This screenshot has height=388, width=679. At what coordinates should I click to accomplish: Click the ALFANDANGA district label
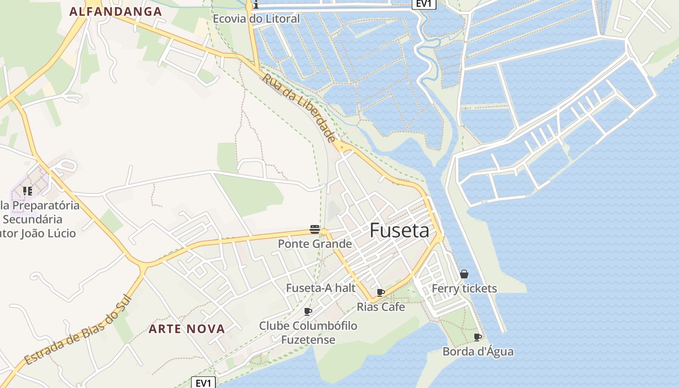[115, 12]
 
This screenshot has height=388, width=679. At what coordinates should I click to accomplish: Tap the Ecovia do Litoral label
[257, 19]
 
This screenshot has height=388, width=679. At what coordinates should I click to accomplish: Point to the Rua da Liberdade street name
[299, 107]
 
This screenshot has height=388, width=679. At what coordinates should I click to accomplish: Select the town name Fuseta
[399, 230]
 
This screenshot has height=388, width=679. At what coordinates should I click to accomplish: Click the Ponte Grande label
[315, 244]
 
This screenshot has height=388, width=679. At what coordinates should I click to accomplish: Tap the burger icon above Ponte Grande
[315, 229]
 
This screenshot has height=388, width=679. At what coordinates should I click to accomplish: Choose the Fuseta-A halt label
[321, 288]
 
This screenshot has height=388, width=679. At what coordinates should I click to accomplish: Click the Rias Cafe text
[381, 307]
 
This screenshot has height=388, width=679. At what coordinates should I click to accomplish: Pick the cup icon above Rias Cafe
[381, 292]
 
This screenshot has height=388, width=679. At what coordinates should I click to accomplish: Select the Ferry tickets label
[464, 289]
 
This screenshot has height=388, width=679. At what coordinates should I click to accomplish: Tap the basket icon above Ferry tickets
[464, 274]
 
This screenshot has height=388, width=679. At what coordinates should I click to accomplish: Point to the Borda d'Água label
[478, 352]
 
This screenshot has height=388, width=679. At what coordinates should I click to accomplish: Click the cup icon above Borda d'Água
[478, 337]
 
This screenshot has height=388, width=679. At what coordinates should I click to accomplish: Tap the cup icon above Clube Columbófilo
[308, 311]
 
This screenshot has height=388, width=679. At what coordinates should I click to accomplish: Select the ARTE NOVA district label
[187, 329]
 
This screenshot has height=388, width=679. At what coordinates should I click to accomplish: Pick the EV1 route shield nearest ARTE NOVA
[203, 383]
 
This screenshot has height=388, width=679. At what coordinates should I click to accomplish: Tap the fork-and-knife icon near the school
[27, 191]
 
